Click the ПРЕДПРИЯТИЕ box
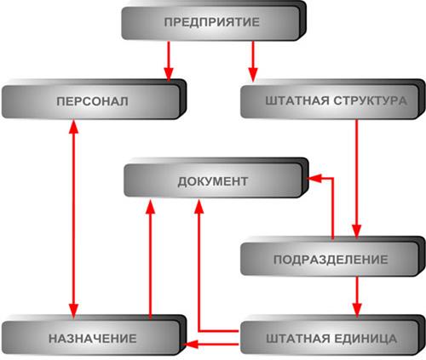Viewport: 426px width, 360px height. [x=214, y=21]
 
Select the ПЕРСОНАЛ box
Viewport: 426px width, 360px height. [x=94, y=100]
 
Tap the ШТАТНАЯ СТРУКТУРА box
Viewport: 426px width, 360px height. [x=333, y=100]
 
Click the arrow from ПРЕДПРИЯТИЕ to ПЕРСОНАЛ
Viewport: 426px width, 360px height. [x=169, y=61]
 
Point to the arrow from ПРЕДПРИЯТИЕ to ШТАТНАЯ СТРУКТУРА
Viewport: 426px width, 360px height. [x=253, y=61]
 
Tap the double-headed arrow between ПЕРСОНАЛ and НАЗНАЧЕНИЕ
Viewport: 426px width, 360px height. [x=73, y=219]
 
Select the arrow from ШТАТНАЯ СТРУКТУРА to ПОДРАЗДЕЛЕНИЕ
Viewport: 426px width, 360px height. [x=357, y=178]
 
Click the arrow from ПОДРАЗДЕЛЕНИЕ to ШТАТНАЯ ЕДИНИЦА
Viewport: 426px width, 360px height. [x=357, y=297]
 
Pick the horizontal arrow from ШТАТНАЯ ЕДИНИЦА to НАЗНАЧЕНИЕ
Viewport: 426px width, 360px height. [x=211, y=345]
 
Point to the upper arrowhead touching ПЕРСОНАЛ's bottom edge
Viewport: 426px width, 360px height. [x=73, y=127]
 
